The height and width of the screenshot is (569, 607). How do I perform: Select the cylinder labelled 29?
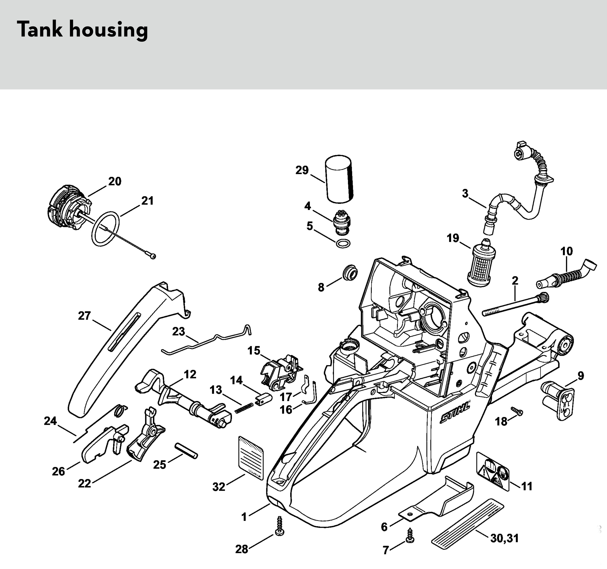pyautogui.click(x=338, y=179)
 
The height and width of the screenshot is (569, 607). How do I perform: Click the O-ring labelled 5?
pyautogui.click(x=343, y=244)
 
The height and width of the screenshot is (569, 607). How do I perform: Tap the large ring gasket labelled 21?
pyautogui.click(x=105, y=228)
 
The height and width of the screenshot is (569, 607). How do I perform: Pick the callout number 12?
pyautogui.click(x=190, y=374)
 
